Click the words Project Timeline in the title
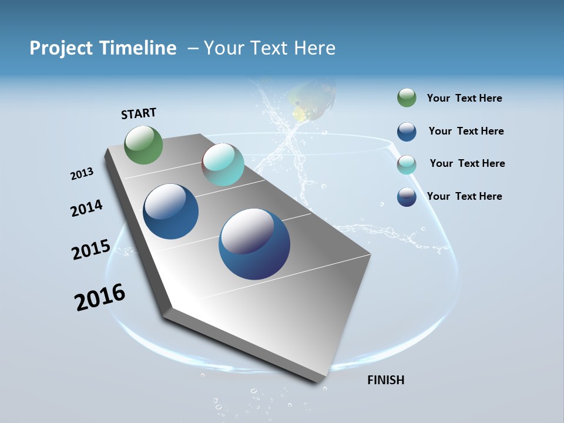tap(103, 48)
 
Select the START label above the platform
tap(139, 113)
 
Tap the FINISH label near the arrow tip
tap(386, 380)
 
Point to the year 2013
tap(82, 174)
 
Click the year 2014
tap(86, 209)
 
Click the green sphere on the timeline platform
tap(144, 145)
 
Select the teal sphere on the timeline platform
tap(223, 164)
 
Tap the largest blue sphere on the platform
tap(254, 244)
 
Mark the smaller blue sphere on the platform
tap(171, 211)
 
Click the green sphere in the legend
tap(407, 98)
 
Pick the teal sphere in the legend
tap(407, 164)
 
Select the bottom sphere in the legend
tap(407, 197)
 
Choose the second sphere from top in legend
tap(407, 132)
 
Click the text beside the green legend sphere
tap(464, 99)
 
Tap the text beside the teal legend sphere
tap(467, 163)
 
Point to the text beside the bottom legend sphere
tap(464, 196)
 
